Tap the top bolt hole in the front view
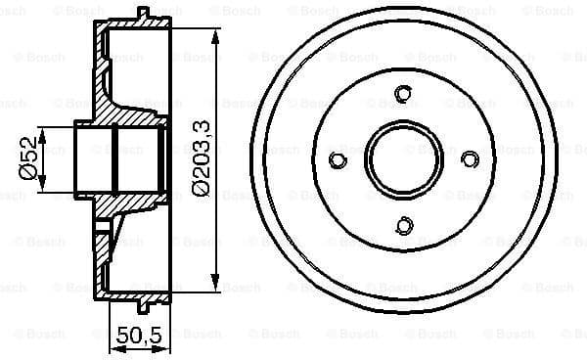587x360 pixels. (x=403, y=94)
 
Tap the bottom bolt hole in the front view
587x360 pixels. (x=403, y=228)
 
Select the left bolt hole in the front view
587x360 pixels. (x=337, y=160)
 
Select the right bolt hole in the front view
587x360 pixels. (x=470, y=160)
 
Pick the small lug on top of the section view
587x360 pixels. (x=145, y=13)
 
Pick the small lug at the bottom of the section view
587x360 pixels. (x=145, y=298)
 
